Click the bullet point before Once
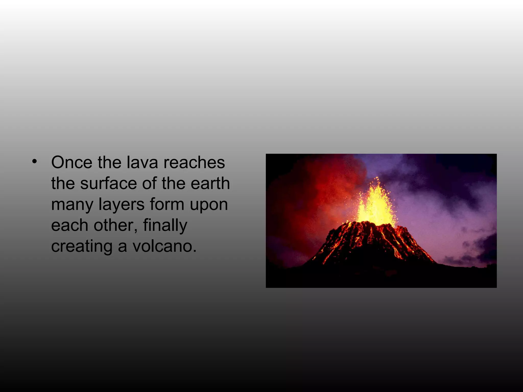click(x=35, y=161)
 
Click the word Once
click(x=72, y=162)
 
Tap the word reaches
click(x=194, y=162)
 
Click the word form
click(x=167, y=204)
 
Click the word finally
click(x=165, y=226)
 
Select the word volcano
click(x=164, y=246)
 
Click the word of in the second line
click(x=150, y=183)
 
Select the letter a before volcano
click(x=122, y=247)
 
